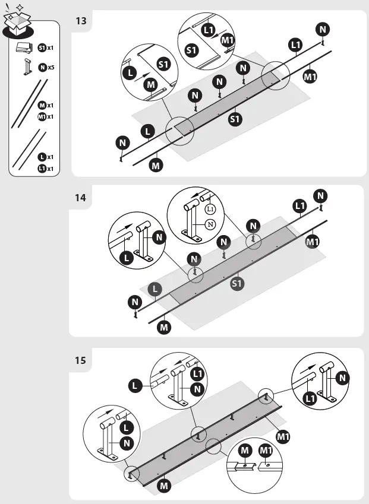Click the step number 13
[81, 21]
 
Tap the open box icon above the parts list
[18, 23]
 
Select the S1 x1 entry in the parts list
[46, 47]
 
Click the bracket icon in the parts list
[26, 67]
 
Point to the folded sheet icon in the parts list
[24, 47]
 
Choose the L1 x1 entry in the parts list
[46, 169]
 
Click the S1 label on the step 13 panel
[235, 119]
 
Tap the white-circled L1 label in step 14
[210, 209]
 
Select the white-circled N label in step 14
[210, 224]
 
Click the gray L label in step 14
[154, 289]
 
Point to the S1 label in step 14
[236, 284]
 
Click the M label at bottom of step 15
[165, 486]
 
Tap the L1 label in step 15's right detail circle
[310, 399]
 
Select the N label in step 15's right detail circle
[342, 378]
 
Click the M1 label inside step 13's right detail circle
[227, 40]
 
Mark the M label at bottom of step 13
[156, 166]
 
